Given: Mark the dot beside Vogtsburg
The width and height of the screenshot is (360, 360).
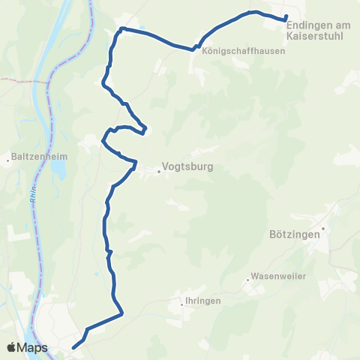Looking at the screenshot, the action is point(160,171).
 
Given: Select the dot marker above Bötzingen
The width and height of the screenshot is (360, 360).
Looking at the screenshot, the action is point(323,226).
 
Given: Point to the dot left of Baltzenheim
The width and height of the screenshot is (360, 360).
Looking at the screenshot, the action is point(7,158).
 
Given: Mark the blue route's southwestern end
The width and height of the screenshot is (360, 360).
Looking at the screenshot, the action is point(73,347).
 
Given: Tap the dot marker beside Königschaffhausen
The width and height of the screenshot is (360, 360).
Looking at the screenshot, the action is point(196,51).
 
